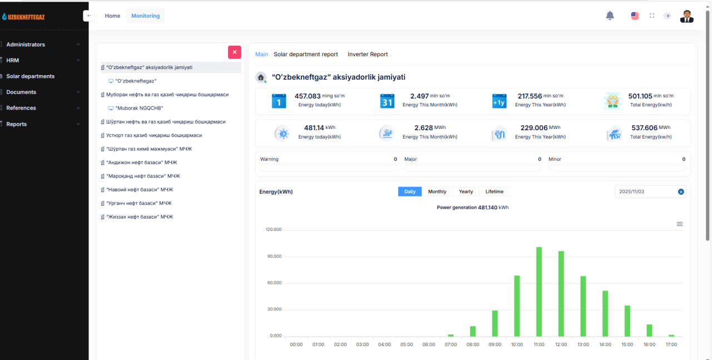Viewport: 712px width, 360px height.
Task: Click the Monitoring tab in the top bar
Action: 145,16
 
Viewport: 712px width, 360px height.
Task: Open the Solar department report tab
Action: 305,55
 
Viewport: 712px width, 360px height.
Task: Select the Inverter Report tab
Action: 368,55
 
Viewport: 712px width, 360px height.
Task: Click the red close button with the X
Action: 235,52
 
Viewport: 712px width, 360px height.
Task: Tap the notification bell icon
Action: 610,16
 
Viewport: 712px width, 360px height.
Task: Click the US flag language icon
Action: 635,16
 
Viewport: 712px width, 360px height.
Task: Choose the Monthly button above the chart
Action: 437,191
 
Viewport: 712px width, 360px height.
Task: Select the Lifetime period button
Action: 495,191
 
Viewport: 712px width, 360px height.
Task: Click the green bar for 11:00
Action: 539,292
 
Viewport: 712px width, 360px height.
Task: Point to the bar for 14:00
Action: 605,314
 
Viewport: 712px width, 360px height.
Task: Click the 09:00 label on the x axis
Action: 495,344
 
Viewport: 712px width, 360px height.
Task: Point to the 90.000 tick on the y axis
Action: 274,257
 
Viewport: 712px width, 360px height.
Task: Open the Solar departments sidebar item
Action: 30,76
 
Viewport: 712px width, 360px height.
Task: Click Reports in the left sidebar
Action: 16,124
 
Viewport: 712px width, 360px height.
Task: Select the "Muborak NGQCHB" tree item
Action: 139,108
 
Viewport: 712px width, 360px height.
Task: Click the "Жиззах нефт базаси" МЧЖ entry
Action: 140,217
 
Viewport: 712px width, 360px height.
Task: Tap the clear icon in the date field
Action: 681,192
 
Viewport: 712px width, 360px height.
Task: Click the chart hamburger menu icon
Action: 680,224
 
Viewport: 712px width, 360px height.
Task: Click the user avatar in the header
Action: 686,16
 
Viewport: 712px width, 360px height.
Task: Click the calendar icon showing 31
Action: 387,101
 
